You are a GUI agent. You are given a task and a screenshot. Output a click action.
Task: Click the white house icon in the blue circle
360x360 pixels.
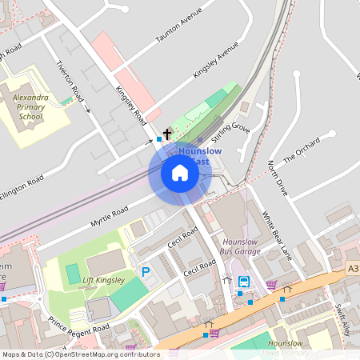pyautogui.click(x=180, y=173)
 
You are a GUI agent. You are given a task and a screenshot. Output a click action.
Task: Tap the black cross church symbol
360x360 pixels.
pyautogui.click(x=168, y=134)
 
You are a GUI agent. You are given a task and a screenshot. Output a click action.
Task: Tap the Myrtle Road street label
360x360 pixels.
pyautogui.click(x=109, y=214)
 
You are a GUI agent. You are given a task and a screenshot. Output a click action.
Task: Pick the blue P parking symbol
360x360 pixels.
pyautogui.click(x=146, y=272)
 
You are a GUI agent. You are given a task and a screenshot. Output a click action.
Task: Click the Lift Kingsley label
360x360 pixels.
pyautogui.click(x=103, y=280)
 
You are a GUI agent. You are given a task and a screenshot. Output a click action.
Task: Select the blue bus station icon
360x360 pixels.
pyautogui.click(x=244, y=282)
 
